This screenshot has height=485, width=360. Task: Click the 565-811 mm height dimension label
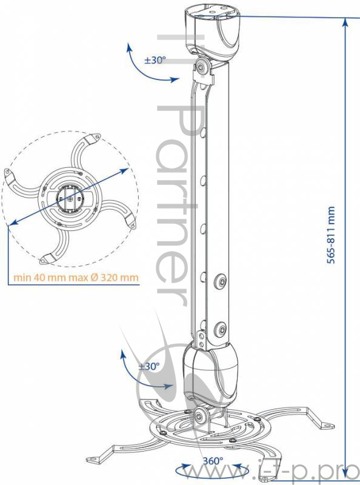(x=331, y=235)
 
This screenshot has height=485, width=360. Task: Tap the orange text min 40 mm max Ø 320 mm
(x=76, y=277)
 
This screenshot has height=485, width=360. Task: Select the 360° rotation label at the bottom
(x=213, y=461)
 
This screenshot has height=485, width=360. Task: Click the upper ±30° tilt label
(x=155, y=59)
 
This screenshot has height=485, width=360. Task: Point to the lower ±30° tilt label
(x=148, y=366)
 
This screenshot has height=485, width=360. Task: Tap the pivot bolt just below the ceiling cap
(x=202, y=67)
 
